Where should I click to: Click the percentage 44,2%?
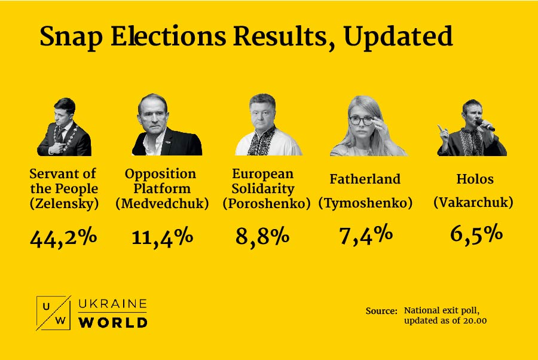(x=63, y=237)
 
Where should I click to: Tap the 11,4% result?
(x=162, y=237)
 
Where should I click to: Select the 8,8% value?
(x=262, y=236)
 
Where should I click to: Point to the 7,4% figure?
(x=365, y=234)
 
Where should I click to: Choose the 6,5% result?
(x=476, y=234)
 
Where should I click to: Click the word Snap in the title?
(x=71, y=37)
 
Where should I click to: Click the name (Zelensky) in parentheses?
(x=63, y=203)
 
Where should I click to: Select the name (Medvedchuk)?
(x=162, y=203)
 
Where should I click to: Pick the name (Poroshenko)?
(x=267, y=203)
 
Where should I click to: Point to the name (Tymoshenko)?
(x=365, y=203)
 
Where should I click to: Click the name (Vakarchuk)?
(x=473, y=203)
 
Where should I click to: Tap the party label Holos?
(x=473, y=179)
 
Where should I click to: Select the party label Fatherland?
(x=365, y=179)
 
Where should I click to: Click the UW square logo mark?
(x=54, y=313)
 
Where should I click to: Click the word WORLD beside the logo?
(x=113, y=322)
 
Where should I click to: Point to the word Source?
(x=381, y=311)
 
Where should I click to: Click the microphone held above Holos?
(x=486, y=126)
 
